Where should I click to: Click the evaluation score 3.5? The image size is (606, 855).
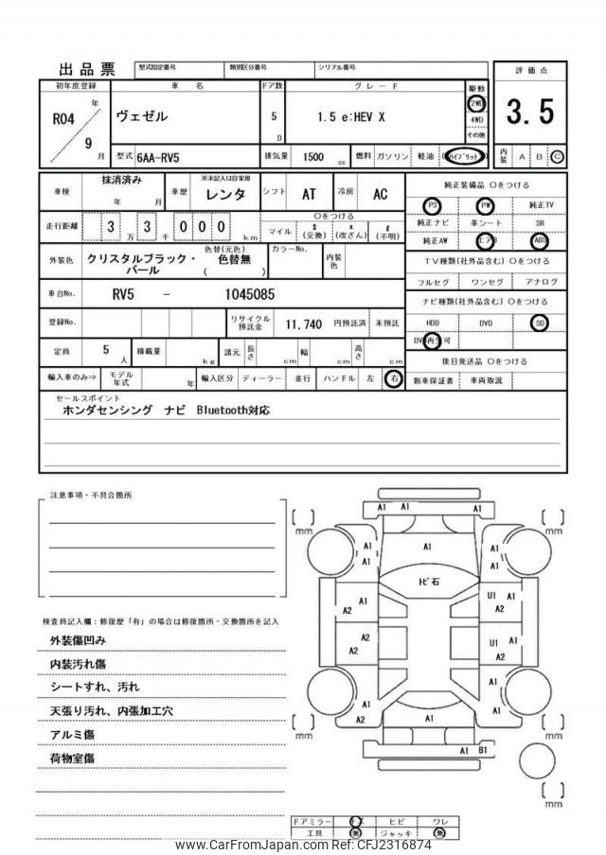tap(529, 113)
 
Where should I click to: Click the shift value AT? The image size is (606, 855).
tap(309, 195)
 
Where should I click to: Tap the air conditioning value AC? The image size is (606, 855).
tap(379, 195)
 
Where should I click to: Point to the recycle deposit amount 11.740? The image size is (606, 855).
tap(306, 323)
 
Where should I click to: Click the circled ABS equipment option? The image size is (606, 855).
tap(541, 240)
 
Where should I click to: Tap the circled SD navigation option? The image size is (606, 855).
tap(540, 323)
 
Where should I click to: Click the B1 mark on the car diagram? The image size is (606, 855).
tap(483, 750)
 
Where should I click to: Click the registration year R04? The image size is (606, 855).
tap(63, 119)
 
